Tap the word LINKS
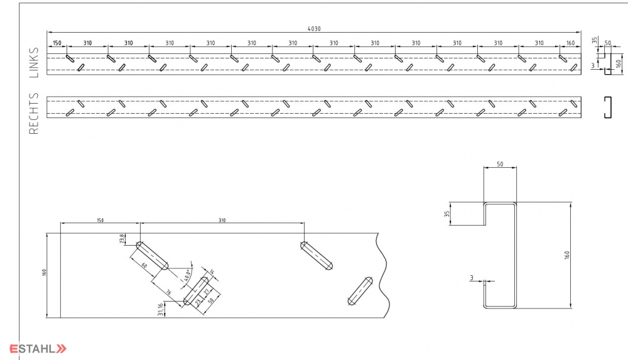click(x=34, y=62)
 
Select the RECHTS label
click(x=34, y=114)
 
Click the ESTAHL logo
click(x=37, y=349)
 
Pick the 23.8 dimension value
click(x=122, y=239)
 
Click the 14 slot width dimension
click(x=211, y=272)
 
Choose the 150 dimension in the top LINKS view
click(x=57, y=43)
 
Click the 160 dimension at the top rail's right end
click(x=570, y=43)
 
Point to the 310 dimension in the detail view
click(x=222, y=220)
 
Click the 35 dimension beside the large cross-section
click(x=447, y=214)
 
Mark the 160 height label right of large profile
click(x=566, y=255)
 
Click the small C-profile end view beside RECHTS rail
click(x=607, y=107)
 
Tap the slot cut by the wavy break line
click(x=360, y=291)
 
